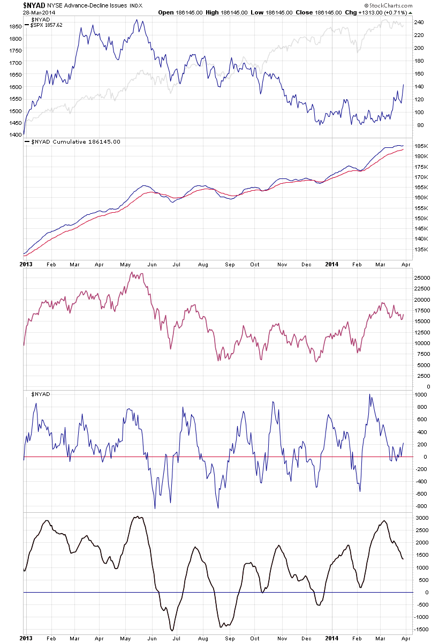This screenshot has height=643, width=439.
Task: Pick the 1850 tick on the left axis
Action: (x=15, y=26)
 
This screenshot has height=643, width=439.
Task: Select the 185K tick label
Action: (x=421, y=146)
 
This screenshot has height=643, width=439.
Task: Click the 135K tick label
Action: (x=421, y=249)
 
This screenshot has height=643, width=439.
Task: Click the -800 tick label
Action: (x=422, y=506)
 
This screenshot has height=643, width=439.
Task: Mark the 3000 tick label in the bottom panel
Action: (x=422, y=518)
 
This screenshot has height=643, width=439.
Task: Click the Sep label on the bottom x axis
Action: (x=230, y=639)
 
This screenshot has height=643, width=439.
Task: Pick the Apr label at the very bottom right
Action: (x=405, y=639)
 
